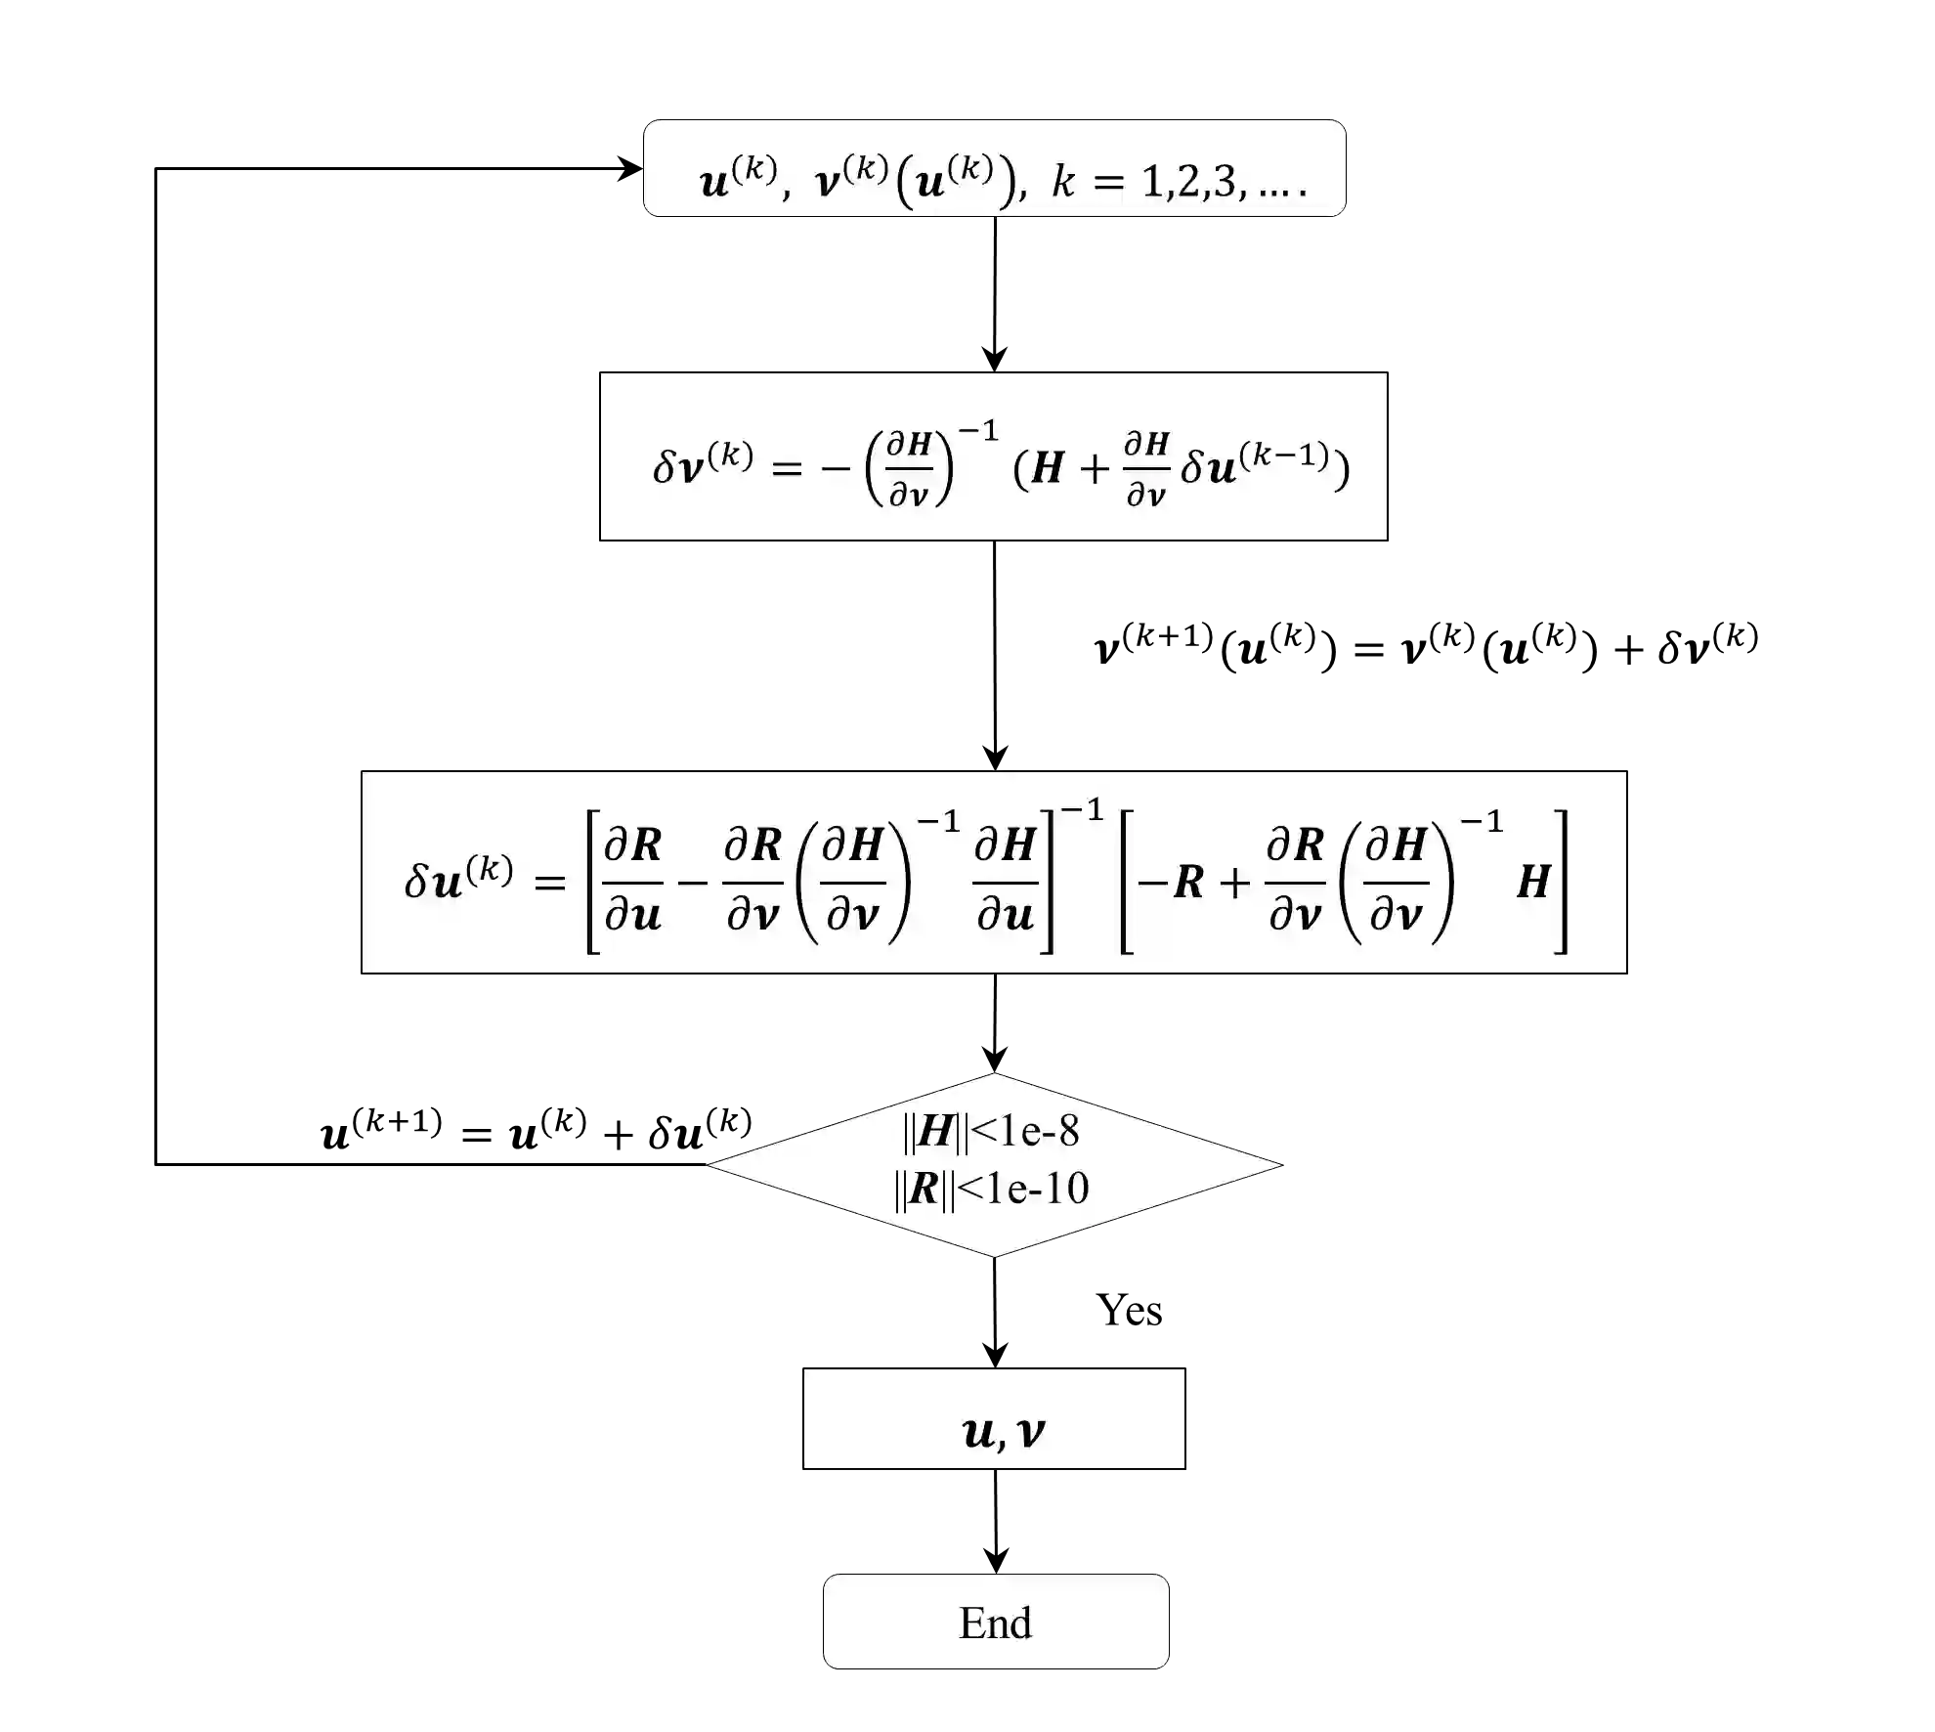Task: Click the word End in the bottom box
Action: pos(995,1624)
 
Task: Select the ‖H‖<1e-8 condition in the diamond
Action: pos(991,1131)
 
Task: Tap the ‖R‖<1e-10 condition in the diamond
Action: pos(991,1189)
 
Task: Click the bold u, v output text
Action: pos(1003,1433)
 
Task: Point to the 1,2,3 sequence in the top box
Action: pos(1192,182)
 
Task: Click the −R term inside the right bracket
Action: pos(1171,882)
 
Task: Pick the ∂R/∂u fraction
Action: pos(632,880)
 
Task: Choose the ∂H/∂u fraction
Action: pos(1005,880)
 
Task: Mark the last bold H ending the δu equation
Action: pos(1532,882)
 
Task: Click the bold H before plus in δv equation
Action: pos(1047,468)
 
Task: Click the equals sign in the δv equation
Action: pos(787,468)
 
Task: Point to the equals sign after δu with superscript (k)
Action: pos(550,883)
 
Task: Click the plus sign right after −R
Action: pos(1234,883)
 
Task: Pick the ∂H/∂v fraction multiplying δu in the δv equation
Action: pos(1146,470)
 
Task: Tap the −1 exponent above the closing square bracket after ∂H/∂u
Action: pos(1082,810)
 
